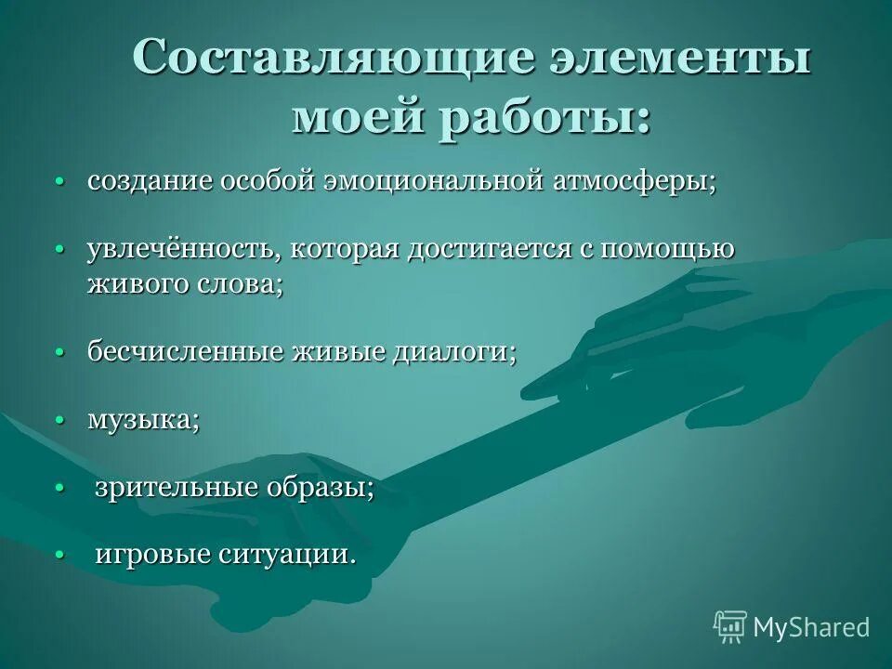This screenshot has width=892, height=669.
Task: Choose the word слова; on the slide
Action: coord(240,283)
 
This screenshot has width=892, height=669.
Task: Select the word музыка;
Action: coord(143,421)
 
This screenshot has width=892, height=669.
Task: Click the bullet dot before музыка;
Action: coord(59,421)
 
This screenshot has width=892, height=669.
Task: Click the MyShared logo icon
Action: coord(730,627)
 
